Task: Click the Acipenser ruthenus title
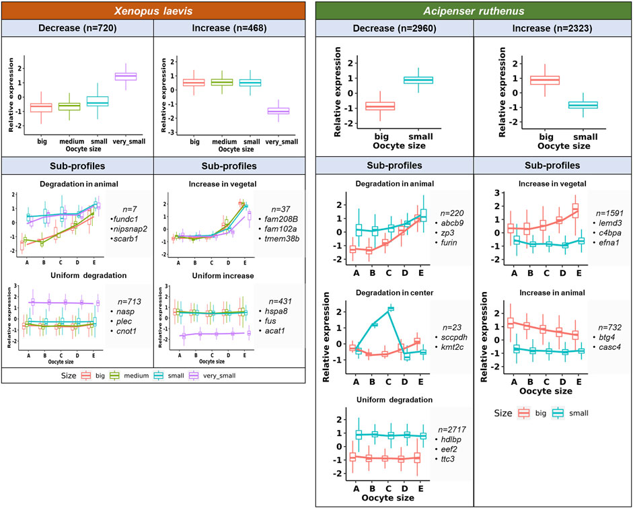pyautogui.click(x=474, y=11)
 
